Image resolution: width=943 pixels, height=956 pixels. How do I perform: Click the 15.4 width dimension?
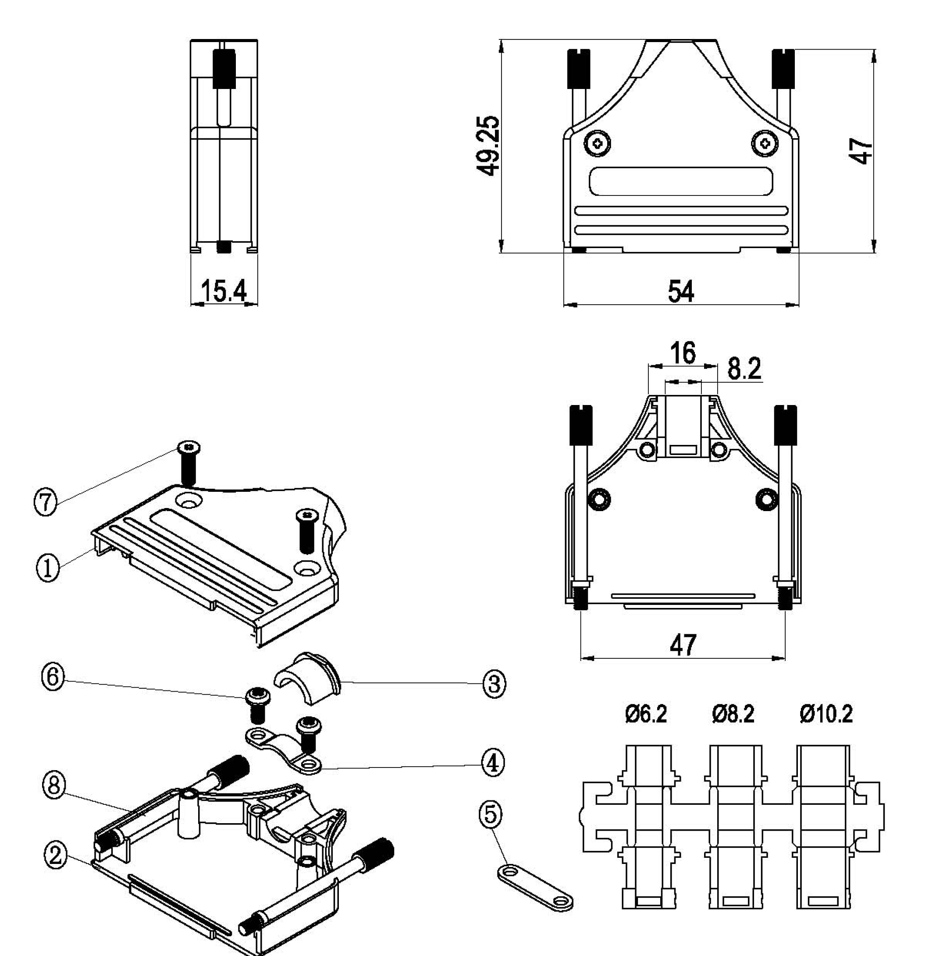point(223,291)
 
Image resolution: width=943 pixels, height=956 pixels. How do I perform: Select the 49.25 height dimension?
point(487,146)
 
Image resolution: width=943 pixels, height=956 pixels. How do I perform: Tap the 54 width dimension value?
point(681,291)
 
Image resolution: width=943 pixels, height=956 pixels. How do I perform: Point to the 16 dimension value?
point(683,353)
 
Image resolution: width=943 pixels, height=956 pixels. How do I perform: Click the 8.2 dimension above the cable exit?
point(744,368)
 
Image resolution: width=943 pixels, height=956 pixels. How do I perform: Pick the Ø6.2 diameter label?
point(646,714)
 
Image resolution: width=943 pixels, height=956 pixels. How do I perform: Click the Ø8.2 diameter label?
point(733,714)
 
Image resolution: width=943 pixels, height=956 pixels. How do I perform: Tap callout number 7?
point(45,502)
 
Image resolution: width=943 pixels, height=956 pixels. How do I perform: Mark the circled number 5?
point(490,814)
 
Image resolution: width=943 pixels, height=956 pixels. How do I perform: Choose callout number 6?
point(53,676)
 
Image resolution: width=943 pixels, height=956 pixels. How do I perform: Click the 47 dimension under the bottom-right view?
point(683,644)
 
